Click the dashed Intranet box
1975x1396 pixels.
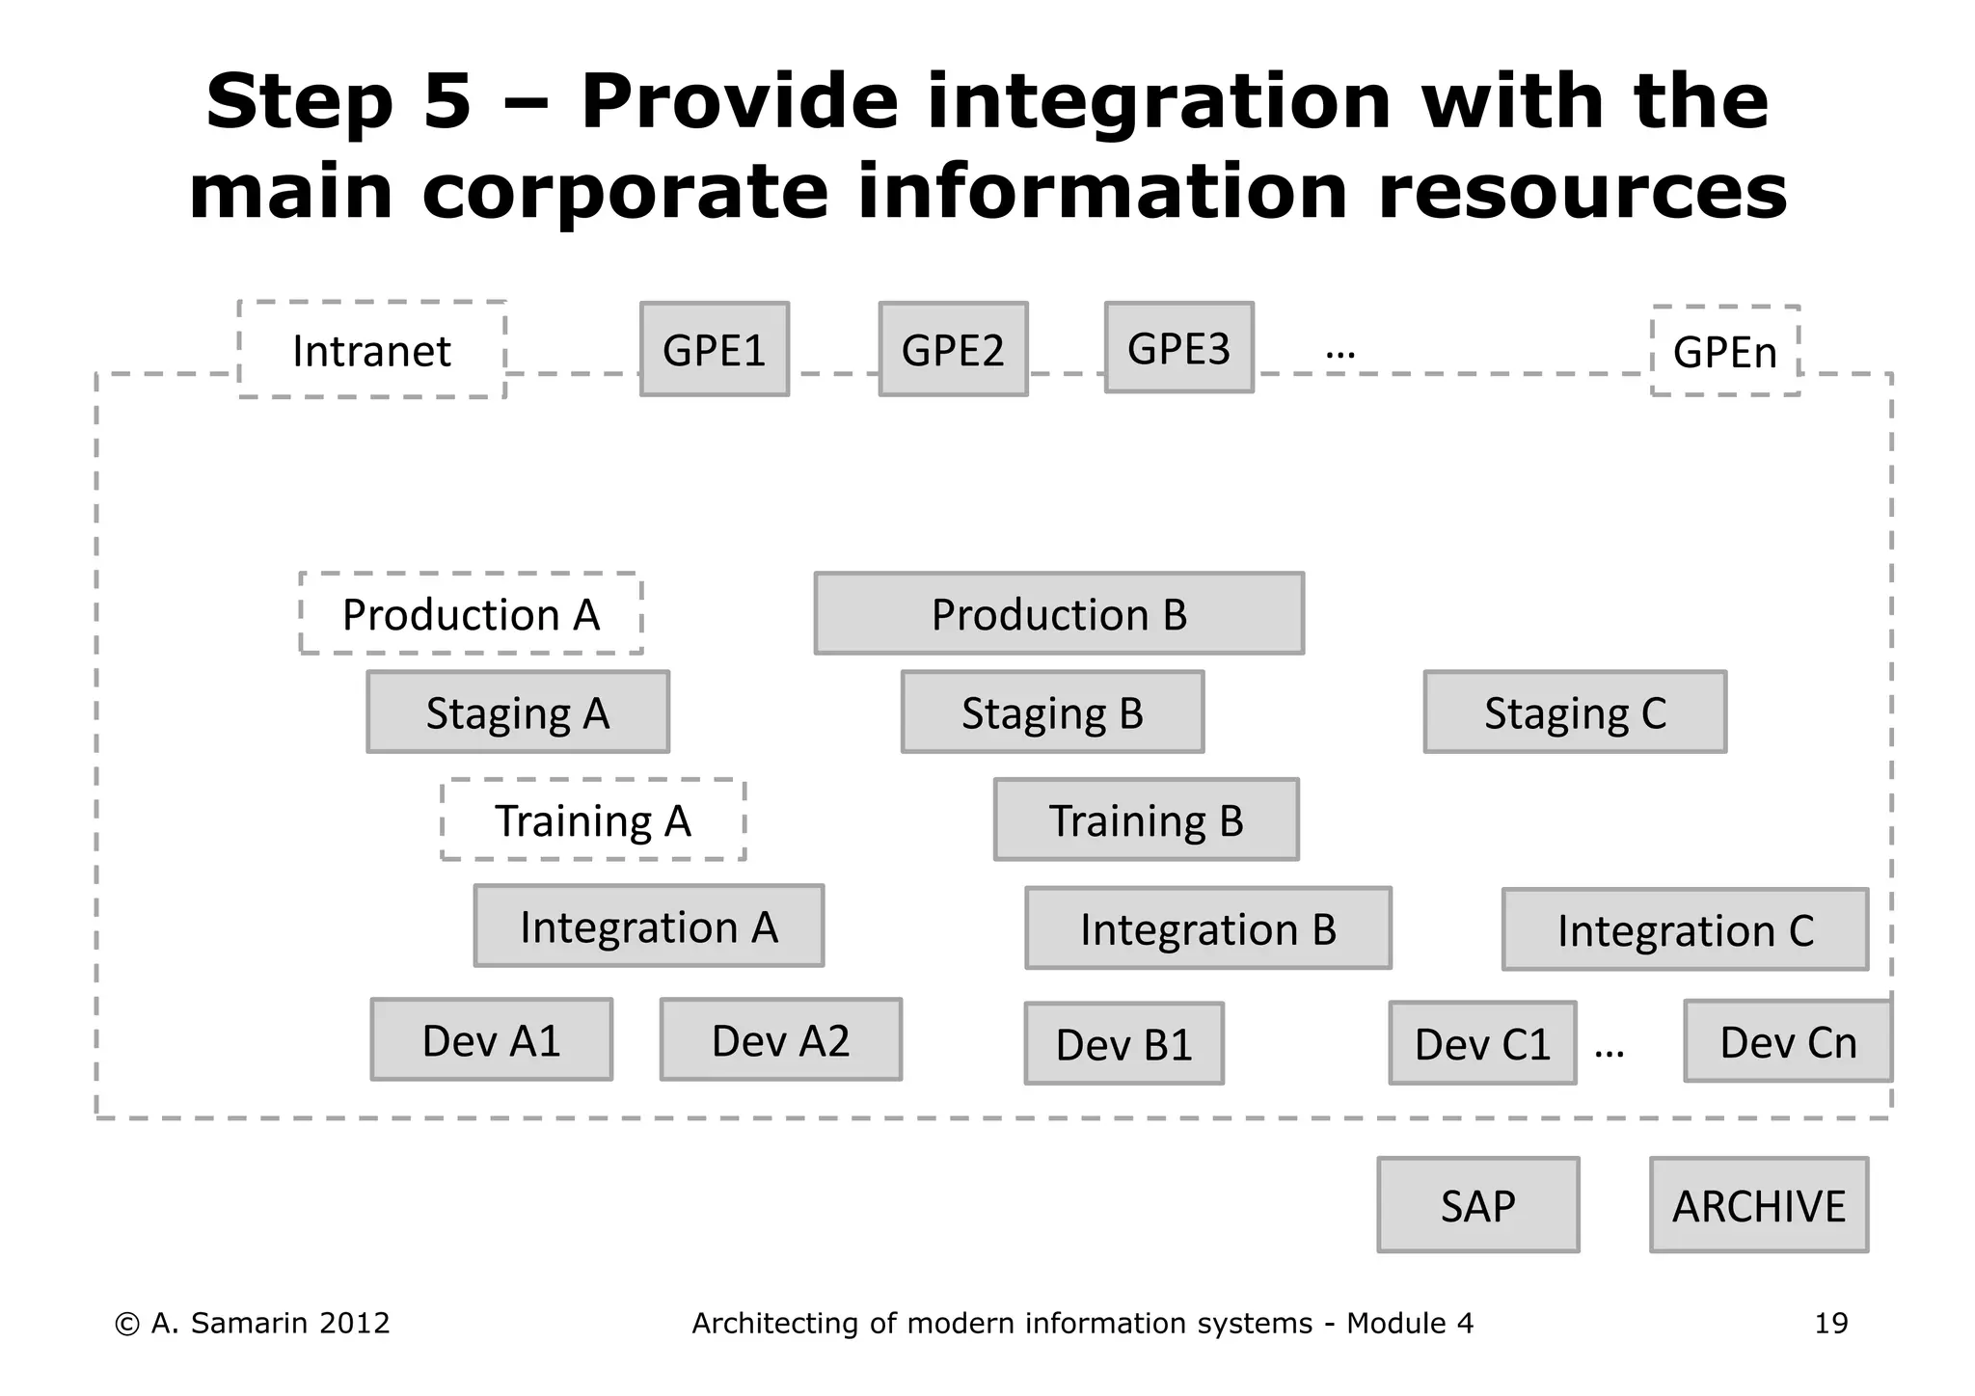pos(371,350)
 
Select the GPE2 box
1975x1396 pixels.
pos(953,349)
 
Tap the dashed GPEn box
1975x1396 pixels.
pos(1725,351)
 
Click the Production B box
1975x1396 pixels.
pos(1059,614)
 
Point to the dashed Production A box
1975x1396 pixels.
pos(471,614)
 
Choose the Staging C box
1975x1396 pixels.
pos(1575,712)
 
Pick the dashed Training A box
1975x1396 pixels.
pos(593,820)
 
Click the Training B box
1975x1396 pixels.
pos(1146,820)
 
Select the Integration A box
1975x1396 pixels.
pos(648,926)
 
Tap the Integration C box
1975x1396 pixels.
pos(1685,930)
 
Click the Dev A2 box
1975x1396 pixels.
pos(780,1040)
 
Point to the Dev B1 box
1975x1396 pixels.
pos(1123,1044)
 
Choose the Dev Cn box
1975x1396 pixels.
pos(1788,1042)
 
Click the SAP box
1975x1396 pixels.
pos(1477,1205)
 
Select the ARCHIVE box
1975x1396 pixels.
pos(1758,1205)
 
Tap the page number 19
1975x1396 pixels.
pos(1830,1323)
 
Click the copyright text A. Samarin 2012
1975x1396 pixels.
pos(253,1323)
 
